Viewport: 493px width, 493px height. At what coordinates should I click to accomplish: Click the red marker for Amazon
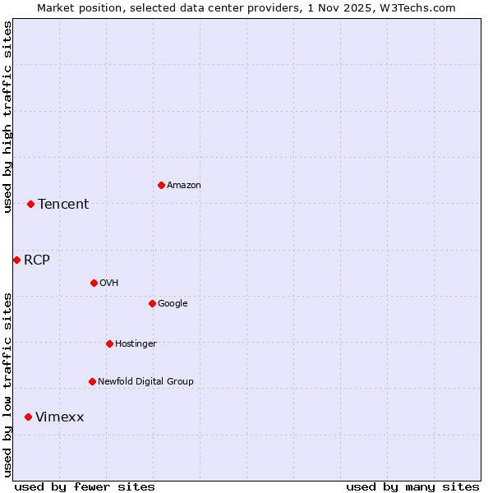pos(161,185)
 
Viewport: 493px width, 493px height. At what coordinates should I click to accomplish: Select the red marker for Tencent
pos(30,204)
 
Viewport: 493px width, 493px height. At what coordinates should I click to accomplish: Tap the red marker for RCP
pos(16,260)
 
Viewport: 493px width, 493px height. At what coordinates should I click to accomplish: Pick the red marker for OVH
pos(94,283)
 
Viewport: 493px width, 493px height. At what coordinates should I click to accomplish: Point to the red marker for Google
pos(152,303)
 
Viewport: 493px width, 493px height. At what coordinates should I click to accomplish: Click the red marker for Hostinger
pos(109,343)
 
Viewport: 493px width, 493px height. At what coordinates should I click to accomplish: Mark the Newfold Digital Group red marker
pos(92,381)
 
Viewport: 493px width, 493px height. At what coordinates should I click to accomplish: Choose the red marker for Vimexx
pos(28,417)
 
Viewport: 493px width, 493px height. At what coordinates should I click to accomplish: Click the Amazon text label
pos(184,186)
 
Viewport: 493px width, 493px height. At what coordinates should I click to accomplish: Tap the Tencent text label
pos(63,205)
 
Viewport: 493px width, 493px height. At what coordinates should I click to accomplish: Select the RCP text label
pos(37,260)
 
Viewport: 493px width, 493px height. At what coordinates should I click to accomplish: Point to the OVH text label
pos(109,283)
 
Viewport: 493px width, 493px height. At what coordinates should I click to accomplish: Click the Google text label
pos(173,304)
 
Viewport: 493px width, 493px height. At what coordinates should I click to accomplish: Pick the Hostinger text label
pos(136,344)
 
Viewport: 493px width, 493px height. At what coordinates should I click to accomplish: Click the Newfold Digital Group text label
pos(145,382)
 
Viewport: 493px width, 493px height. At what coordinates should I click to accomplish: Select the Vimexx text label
pos(60,417)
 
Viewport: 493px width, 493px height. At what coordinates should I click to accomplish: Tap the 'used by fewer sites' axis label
pos(85,486)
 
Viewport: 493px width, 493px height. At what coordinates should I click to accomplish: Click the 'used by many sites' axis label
pos(412,486)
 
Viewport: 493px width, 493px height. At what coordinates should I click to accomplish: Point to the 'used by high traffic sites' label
pos(7,117)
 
